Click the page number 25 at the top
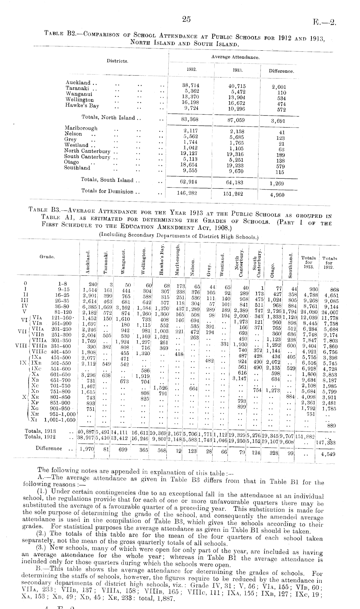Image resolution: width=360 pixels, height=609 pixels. (x=186, y=19)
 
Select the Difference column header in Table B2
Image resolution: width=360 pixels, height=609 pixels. (x=281, y=71)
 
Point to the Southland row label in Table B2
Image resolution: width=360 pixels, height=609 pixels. (x=77, y=168)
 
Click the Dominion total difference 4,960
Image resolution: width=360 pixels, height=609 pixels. (x=277, y=195)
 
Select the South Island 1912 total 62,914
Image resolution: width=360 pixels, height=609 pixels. (x=189, y=181)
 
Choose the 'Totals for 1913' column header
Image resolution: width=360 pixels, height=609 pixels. (x=308, y=262)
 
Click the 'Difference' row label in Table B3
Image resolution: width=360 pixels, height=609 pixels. (x=48, y=448)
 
